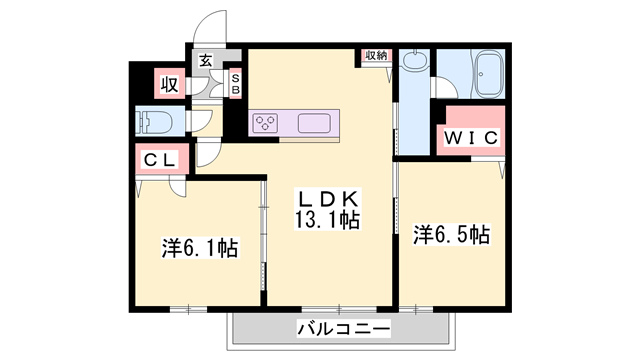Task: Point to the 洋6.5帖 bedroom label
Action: pos(451,235)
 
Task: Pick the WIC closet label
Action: pos(470,135)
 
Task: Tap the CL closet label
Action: pos(158,159)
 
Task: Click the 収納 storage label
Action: pos(375,56)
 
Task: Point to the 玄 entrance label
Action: pos(205,60)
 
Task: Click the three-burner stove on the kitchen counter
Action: pos(267,122)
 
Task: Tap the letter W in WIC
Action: pos(450,135)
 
